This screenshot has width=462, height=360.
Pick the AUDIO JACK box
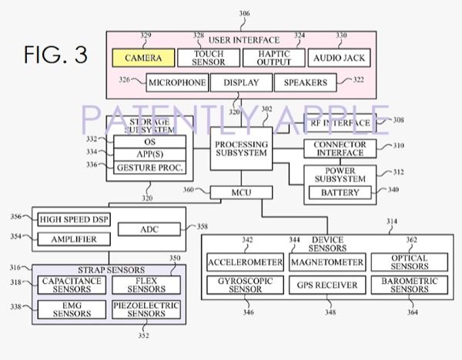pos(340,57)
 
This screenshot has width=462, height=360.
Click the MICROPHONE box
pos(177,82)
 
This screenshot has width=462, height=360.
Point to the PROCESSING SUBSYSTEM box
pos(241,148)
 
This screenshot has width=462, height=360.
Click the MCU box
pos(241,192)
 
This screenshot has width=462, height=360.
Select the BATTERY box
pos(340,192)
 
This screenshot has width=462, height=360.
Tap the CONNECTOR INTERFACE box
pos(340,148)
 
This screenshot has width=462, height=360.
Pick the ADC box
pos(149,229)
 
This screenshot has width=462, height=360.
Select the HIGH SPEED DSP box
pos(75,220)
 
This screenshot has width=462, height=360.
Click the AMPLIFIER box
pos(75,239)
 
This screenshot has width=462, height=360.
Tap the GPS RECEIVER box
pos(326,286)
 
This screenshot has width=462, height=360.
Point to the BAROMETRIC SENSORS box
pos(409,286)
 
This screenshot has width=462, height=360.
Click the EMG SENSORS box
pos(66,310)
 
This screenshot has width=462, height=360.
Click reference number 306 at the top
pos(244,14)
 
